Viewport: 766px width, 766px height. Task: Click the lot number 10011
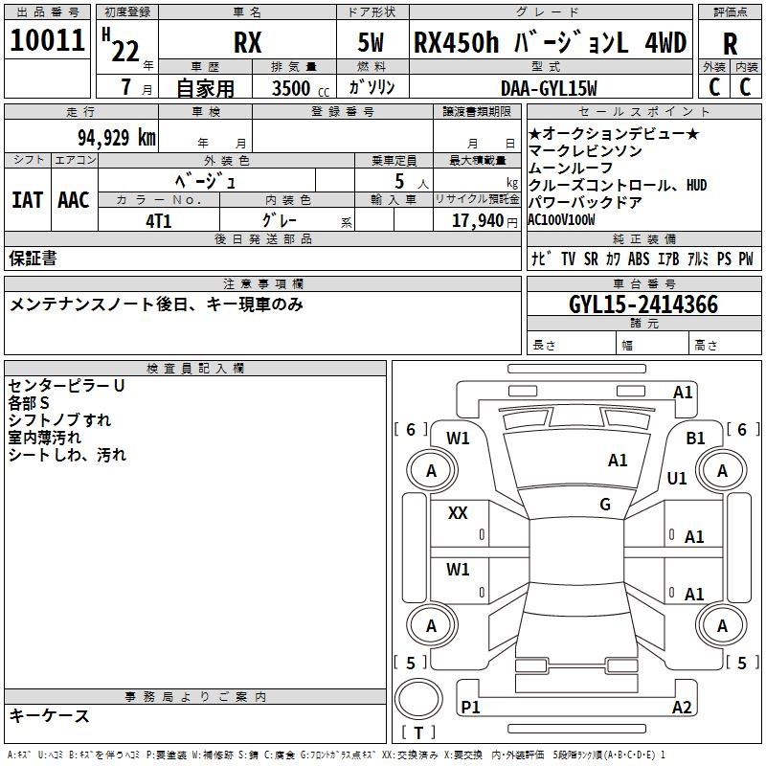47,40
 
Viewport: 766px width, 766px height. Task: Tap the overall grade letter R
730,44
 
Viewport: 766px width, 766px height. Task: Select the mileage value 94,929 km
117,138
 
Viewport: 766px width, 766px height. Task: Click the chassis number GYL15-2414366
643,304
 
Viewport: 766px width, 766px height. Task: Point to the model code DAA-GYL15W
549,88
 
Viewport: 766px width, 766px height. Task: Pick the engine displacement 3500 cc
301,88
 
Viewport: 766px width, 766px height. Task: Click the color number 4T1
159,221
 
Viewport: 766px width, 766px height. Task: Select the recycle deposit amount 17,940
478,221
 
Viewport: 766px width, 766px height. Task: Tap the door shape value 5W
371,42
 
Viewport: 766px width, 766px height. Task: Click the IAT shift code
28,200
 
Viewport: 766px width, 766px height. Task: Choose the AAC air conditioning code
74,200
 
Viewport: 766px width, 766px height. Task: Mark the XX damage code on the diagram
458,513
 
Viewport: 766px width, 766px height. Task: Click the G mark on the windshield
605,504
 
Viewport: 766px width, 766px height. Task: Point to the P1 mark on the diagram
470,707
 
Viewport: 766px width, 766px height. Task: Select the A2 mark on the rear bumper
682,707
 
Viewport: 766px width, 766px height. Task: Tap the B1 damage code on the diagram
696,439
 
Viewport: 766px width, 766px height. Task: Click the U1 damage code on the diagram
677,478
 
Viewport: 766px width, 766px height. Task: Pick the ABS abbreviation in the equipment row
639,259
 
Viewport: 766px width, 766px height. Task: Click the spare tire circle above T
418,699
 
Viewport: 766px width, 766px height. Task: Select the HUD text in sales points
697,185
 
